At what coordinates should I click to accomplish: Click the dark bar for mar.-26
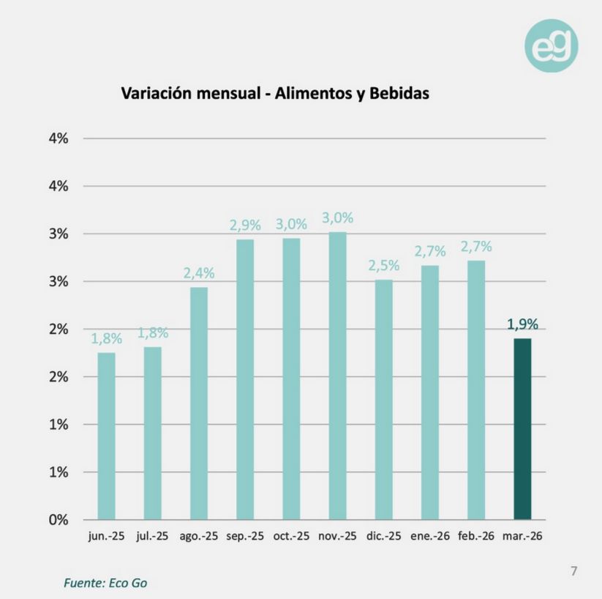pyautogui.click(x=522, y=428)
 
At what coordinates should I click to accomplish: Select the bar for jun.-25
pyautogui.click(x=107, y=436)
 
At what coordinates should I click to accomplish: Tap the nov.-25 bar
pyautogui.click(x=337, y=375)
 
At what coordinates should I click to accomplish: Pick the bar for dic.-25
pyautogui.click(x=383, y=399)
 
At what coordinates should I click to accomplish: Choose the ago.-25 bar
pyautogui.click(x=199, y=403)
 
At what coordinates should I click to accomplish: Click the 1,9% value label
pyautogui.click(x=522, y=324)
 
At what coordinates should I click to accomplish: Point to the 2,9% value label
pyautogui.click(x=244, y=226)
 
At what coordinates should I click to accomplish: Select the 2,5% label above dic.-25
pyautogui.click(x=383, y=266)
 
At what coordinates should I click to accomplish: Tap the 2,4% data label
pyautogui.click(x=199, y=273)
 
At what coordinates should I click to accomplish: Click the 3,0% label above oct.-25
pyautogui.click(x=291, y=224)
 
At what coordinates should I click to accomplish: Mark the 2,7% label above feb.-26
pyautogui.click(x=476, y=247)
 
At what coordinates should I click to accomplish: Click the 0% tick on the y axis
pyautogui.click(x=59, y=520)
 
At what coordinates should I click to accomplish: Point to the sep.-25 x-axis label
pyautogui.click(x=245, y=536)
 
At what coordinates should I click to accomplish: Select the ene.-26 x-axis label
pyautogui.click(x=429, y=536)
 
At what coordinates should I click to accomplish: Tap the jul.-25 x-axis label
pyautogui.click(x=152, y=536)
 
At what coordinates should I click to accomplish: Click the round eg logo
pyautogui.click(x=551, y=46)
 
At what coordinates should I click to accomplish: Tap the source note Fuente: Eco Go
pyautogui.click(x=110, y=583)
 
